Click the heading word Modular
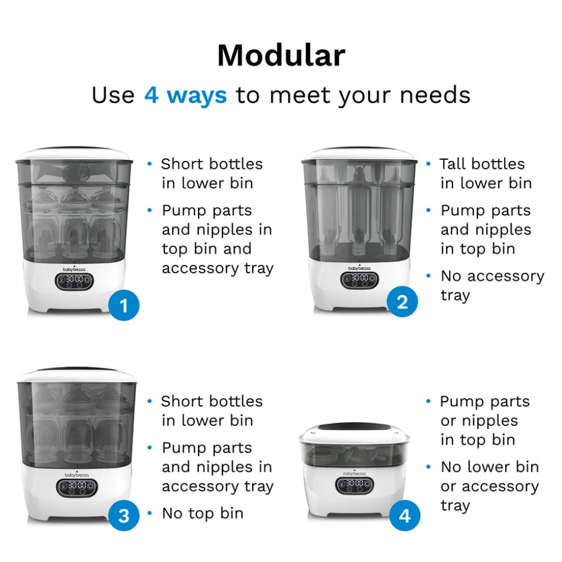click(282, 56)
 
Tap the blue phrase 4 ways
click(185, 95)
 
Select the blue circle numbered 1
click(124, 306)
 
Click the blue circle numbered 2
click(402, 302)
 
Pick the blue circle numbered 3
click(124, 515)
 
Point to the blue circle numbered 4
click(405, 515)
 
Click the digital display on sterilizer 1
click(74, 281)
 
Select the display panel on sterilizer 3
click(77, 488)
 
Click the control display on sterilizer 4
click(355, 485)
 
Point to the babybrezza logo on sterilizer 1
click(74, 269)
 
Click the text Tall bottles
click(482, 164)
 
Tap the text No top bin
click(203, 513)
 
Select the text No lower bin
click(490, 467)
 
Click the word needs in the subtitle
click(435, 95)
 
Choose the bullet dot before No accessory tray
click(428, 276)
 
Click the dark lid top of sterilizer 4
click(355, 427)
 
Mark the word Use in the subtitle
click(113, 95)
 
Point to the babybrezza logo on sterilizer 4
click(354, 473)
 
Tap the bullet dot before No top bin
click(149, 513)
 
